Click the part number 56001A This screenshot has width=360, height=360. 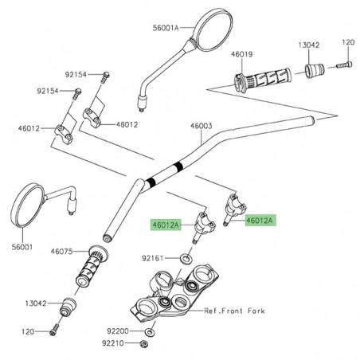(x=170, y=26)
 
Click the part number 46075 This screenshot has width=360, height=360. (x=61, y=252)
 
